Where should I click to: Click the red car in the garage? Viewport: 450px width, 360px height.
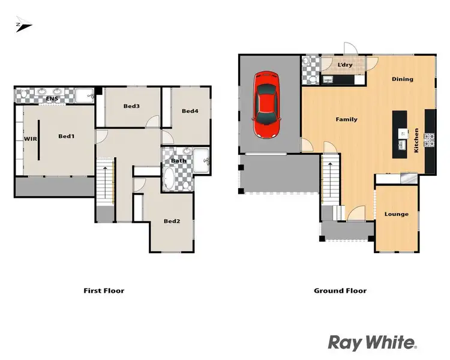click(266, 105)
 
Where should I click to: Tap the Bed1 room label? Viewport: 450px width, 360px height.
click(66, 136)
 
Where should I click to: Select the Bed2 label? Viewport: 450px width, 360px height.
click(172, 221)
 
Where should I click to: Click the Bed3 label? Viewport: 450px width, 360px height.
click(131, 106)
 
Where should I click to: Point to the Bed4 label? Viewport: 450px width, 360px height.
click(190, 110)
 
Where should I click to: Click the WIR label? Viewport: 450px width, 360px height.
click(30, 139)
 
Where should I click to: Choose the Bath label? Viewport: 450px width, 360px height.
click(178, 160)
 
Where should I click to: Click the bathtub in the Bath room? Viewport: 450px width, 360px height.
click(170, 178)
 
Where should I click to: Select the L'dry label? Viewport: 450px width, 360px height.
click(344, 64)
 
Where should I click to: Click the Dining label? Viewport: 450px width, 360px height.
click(402, 79)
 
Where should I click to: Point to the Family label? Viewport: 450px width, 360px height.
click(346, 119)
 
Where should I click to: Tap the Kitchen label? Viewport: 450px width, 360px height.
click(416, 140)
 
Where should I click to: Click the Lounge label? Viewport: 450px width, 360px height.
click(396, 214)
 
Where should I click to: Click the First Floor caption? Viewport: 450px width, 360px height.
click(103, 290)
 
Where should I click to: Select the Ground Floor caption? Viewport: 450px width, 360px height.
click(340, 290)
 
